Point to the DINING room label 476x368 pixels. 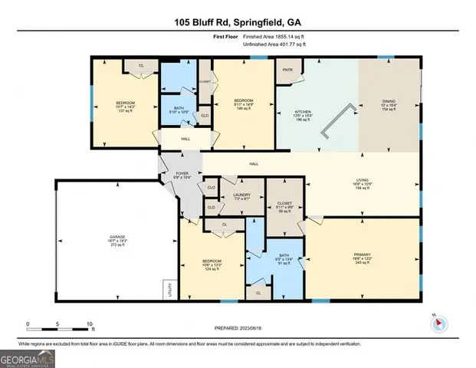point(390,107)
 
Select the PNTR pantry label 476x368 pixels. point(288,70)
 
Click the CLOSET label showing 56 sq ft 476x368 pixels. point(284,205)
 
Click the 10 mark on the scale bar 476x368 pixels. point(90,324)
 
